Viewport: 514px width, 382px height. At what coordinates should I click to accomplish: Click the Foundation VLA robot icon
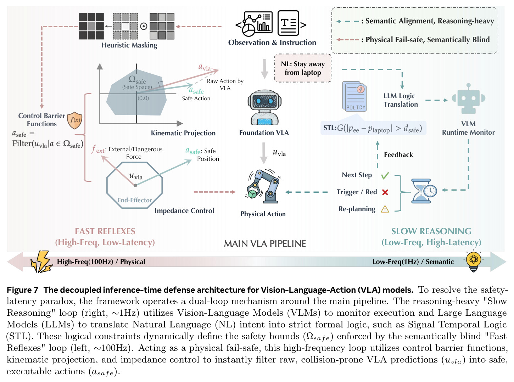pyautogui.click(x=264, y=107)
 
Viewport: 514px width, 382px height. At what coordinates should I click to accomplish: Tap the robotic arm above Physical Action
pyautogui.click(x=263, y=186)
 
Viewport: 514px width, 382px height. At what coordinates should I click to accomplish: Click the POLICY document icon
pyautogui.click(x=354, y=96)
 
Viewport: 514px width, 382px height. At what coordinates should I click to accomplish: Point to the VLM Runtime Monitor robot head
pyautogui.click(x=468, y=99)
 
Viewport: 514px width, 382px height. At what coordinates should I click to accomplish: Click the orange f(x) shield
pyautogui.click(x=74, y=120)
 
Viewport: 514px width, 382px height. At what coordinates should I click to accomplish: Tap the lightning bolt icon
pyautogui.click(x=42, y=262)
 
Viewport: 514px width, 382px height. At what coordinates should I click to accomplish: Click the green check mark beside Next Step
pyautogui.click(x=385, y=176)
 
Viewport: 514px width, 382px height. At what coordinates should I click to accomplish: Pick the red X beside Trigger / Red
pyautogui.click(x=385, y=192)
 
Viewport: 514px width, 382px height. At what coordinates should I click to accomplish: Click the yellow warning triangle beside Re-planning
pyautogui.click(x=385, y=209)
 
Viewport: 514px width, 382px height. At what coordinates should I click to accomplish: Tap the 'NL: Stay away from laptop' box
pyautogui.click(x=303, y=68)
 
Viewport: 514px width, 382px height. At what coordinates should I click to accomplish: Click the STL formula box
pyautogui.click(x=373, y=128)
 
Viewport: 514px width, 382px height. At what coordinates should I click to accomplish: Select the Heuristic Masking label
pyautogui.click(x=129, y=45)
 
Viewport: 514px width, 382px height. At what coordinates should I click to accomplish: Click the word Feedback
pyautogui.click(x=398, y=155)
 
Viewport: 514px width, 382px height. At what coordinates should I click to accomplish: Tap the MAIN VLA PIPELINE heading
pyautogui.click(x=265, y=243)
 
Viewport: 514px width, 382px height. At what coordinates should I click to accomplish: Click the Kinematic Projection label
pyautogui.click(x=183, y=133)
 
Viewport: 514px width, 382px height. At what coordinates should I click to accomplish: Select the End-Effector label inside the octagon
pyautogui.click(x=135, y=200)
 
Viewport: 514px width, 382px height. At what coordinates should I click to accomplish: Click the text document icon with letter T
pyautogui.click(x=288, y=23)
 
